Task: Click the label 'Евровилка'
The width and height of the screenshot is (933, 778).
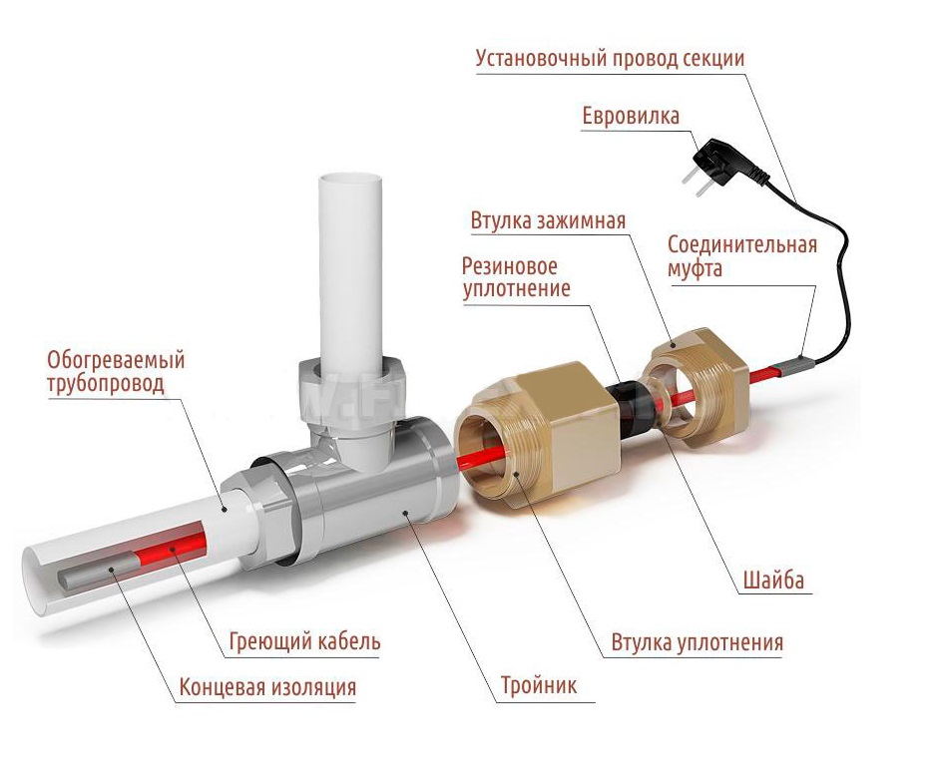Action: tap(631, 117)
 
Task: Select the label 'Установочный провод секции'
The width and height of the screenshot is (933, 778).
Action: tap(610, 58)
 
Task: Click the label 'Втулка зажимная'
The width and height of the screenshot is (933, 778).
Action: tap(548, 219)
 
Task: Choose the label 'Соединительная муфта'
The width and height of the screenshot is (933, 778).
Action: tap(741, 256)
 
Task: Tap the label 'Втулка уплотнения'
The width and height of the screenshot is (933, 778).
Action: tap(697, 642)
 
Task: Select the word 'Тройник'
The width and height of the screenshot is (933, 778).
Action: tap(539, 686)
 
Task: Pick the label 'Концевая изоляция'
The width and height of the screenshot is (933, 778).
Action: tap(267, 688)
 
